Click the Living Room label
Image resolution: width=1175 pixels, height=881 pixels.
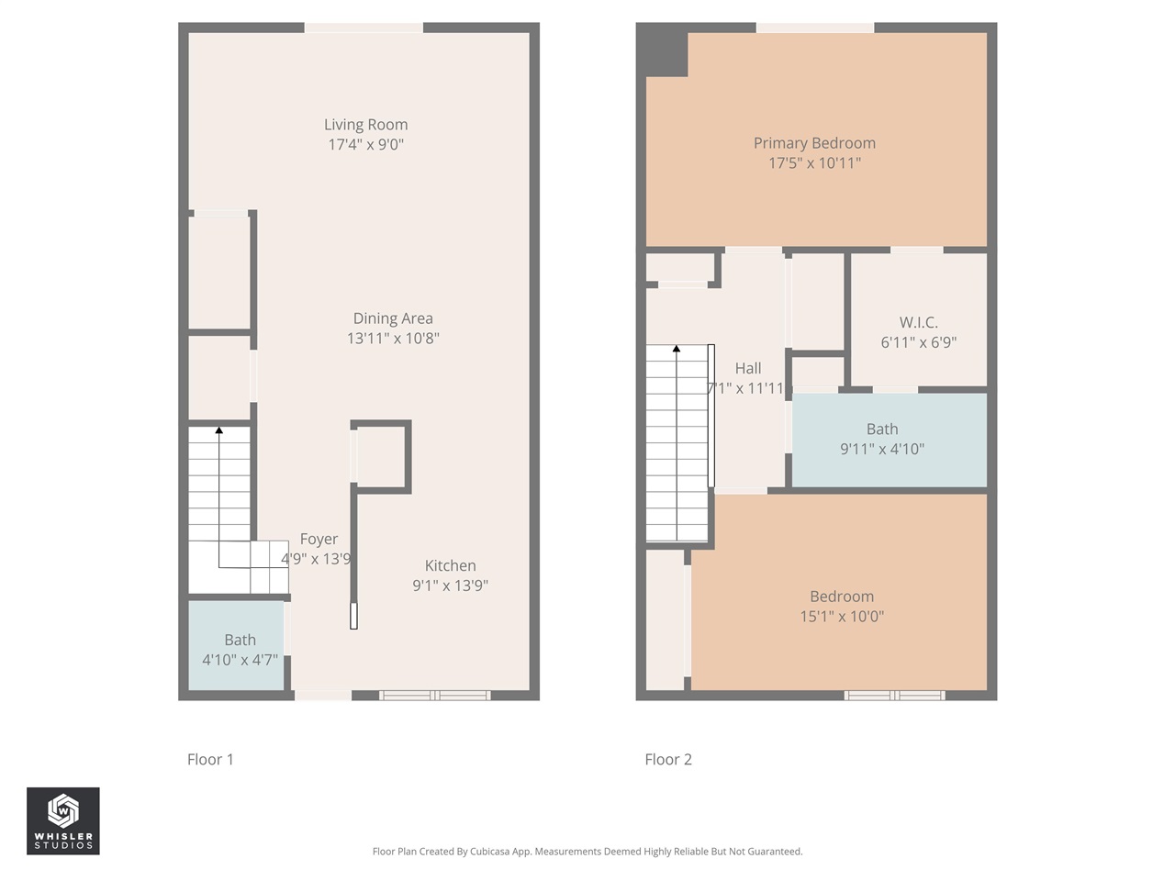[365, 125]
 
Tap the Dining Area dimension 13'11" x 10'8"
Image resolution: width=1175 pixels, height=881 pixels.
[393, 339]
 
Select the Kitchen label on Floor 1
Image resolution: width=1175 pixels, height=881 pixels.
[450, 566]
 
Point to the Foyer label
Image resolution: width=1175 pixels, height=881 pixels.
[319, 540]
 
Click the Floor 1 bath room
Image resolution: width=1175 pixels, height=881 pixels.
[237, 646]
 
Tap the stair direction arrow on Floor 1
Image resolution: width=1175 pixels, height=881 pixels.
[218, 429]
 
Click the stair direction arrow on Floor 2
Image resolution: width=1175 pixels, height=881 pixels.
[677, 349]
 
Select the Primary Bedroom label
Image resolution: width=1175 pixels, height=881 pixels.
[814, 143]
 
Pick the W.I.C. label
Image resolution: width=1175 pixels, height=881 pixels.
[918, 323]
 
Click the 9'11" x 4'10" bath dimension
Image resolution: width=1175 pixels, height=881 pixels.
[882, 450]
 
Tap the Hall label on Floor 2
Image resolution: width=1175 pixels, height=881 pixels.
[748, 369]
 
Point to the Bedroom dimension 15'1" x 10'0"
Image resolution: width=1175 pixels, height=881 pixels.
[842, 617]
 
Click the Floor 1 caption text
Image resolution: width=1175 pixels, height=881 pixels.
[210, 760]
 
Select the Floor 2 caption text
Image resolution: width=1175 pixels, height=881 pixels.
[668, 760]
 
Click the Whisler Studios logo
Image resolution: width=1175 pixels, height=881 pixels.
[63, 821]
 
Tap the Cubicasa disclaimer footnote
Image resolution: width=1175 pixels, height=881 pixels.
[587, 852]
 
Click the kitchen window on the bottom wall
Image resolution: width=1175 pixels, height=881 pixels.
[435, 696]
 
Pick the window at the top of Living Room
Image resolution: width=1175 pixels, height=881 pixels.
[364, 28]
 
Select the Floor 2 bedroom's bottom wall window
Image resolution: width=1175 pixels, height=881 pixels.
[895, 696]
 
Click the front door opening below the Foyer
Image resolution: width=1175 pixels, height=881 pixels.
[322, 696]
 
